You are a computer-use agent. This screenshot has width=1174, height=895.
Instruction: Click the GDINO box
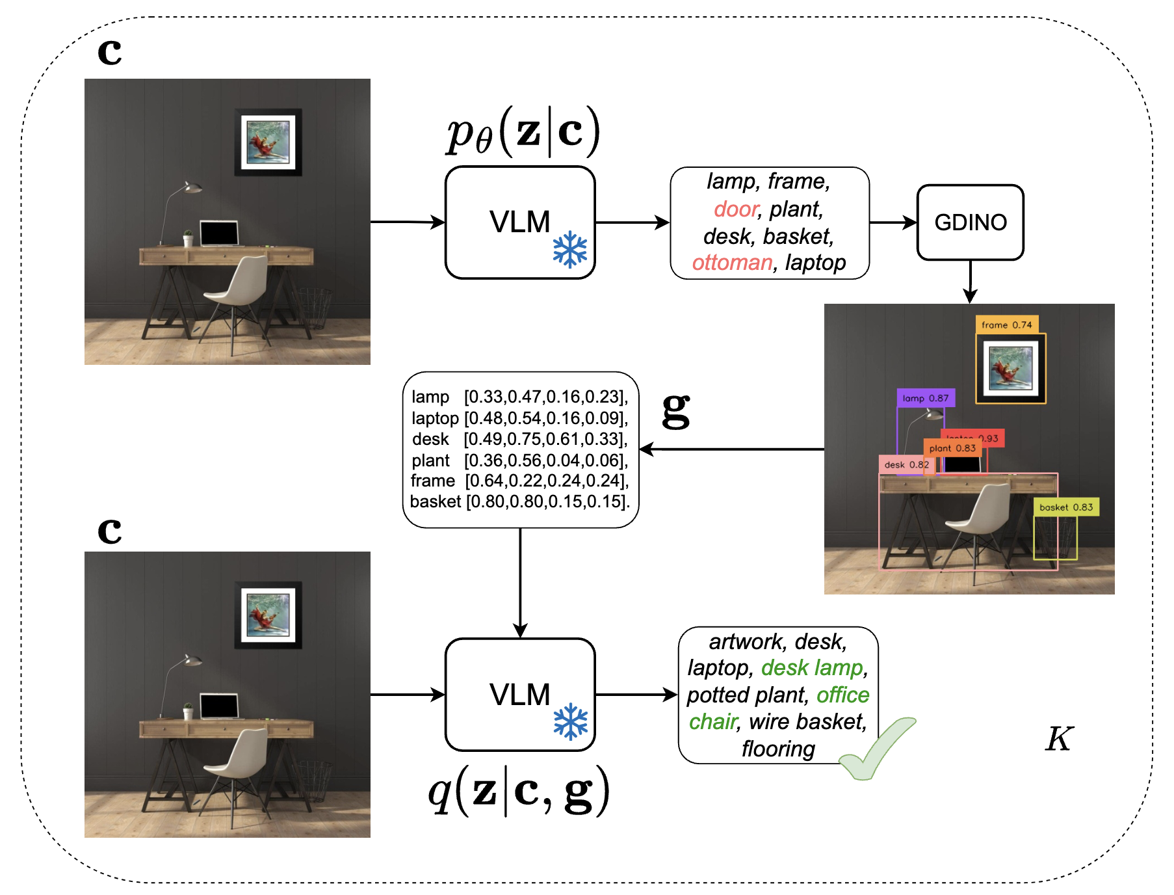pyautogui.click(x=970, y=222)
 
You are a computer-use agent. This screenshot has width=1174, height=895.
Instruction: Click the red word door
pyautogui.click(x=736, y=209)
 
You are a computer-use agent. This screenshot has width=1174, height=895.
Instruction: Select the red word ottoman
pyautogui.click(x=732, y=263)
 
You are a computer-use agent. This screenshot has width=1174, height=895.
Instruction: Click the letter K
pyautogui.click(x=1059, y=739)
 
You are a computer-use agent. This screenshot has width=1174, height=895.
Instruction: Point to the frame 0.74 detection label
pyautogui.click(x=1006, y=325)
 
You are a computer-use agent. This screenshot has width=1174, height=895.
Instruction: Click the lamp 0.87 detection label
pyautogui.click(x=925, y=398)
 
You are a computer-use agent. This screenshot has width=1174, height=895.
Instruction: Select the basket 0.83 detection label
pyautogui.click(x=1066, y=507)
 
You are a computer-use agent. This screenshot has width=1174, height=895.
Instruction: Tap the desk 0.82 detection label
pyautogui.click(x=906, y=464)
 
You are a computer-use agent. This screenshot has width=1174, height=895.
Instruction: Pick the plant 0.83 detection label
pyautogui.click(x=952, y=448)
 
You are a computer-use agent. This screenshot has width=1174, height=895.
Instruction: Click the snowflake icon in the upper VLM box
pyautogui.click(x=570, y=250)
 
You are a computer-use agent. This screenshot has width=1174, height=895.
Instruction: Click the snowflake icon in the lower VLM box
pyautogui.click(x=570, y=722)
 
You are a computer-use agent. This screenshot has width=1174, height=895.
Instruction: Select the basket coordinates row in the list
pyautogui.click(x=519, y=501)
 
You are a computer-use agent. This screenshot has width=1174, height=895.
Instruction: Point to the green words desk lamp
pyautogui.click(x=813, y=668)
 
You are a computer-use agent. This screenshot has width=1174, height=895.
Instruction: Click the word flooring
pyautogui.click(x=778, y=749)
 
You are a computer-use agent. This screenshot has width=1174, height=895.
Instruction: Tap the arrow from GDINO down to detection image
pyautogui.click(x=970, y=282)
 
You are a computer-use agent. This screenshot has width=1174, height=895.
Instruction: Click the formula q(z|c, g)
pyautogui.click(x=518, y=791)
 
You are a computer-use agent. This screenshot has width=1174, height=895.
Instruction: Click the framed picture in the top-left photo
pyautogui.click(x=268, y=142)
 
